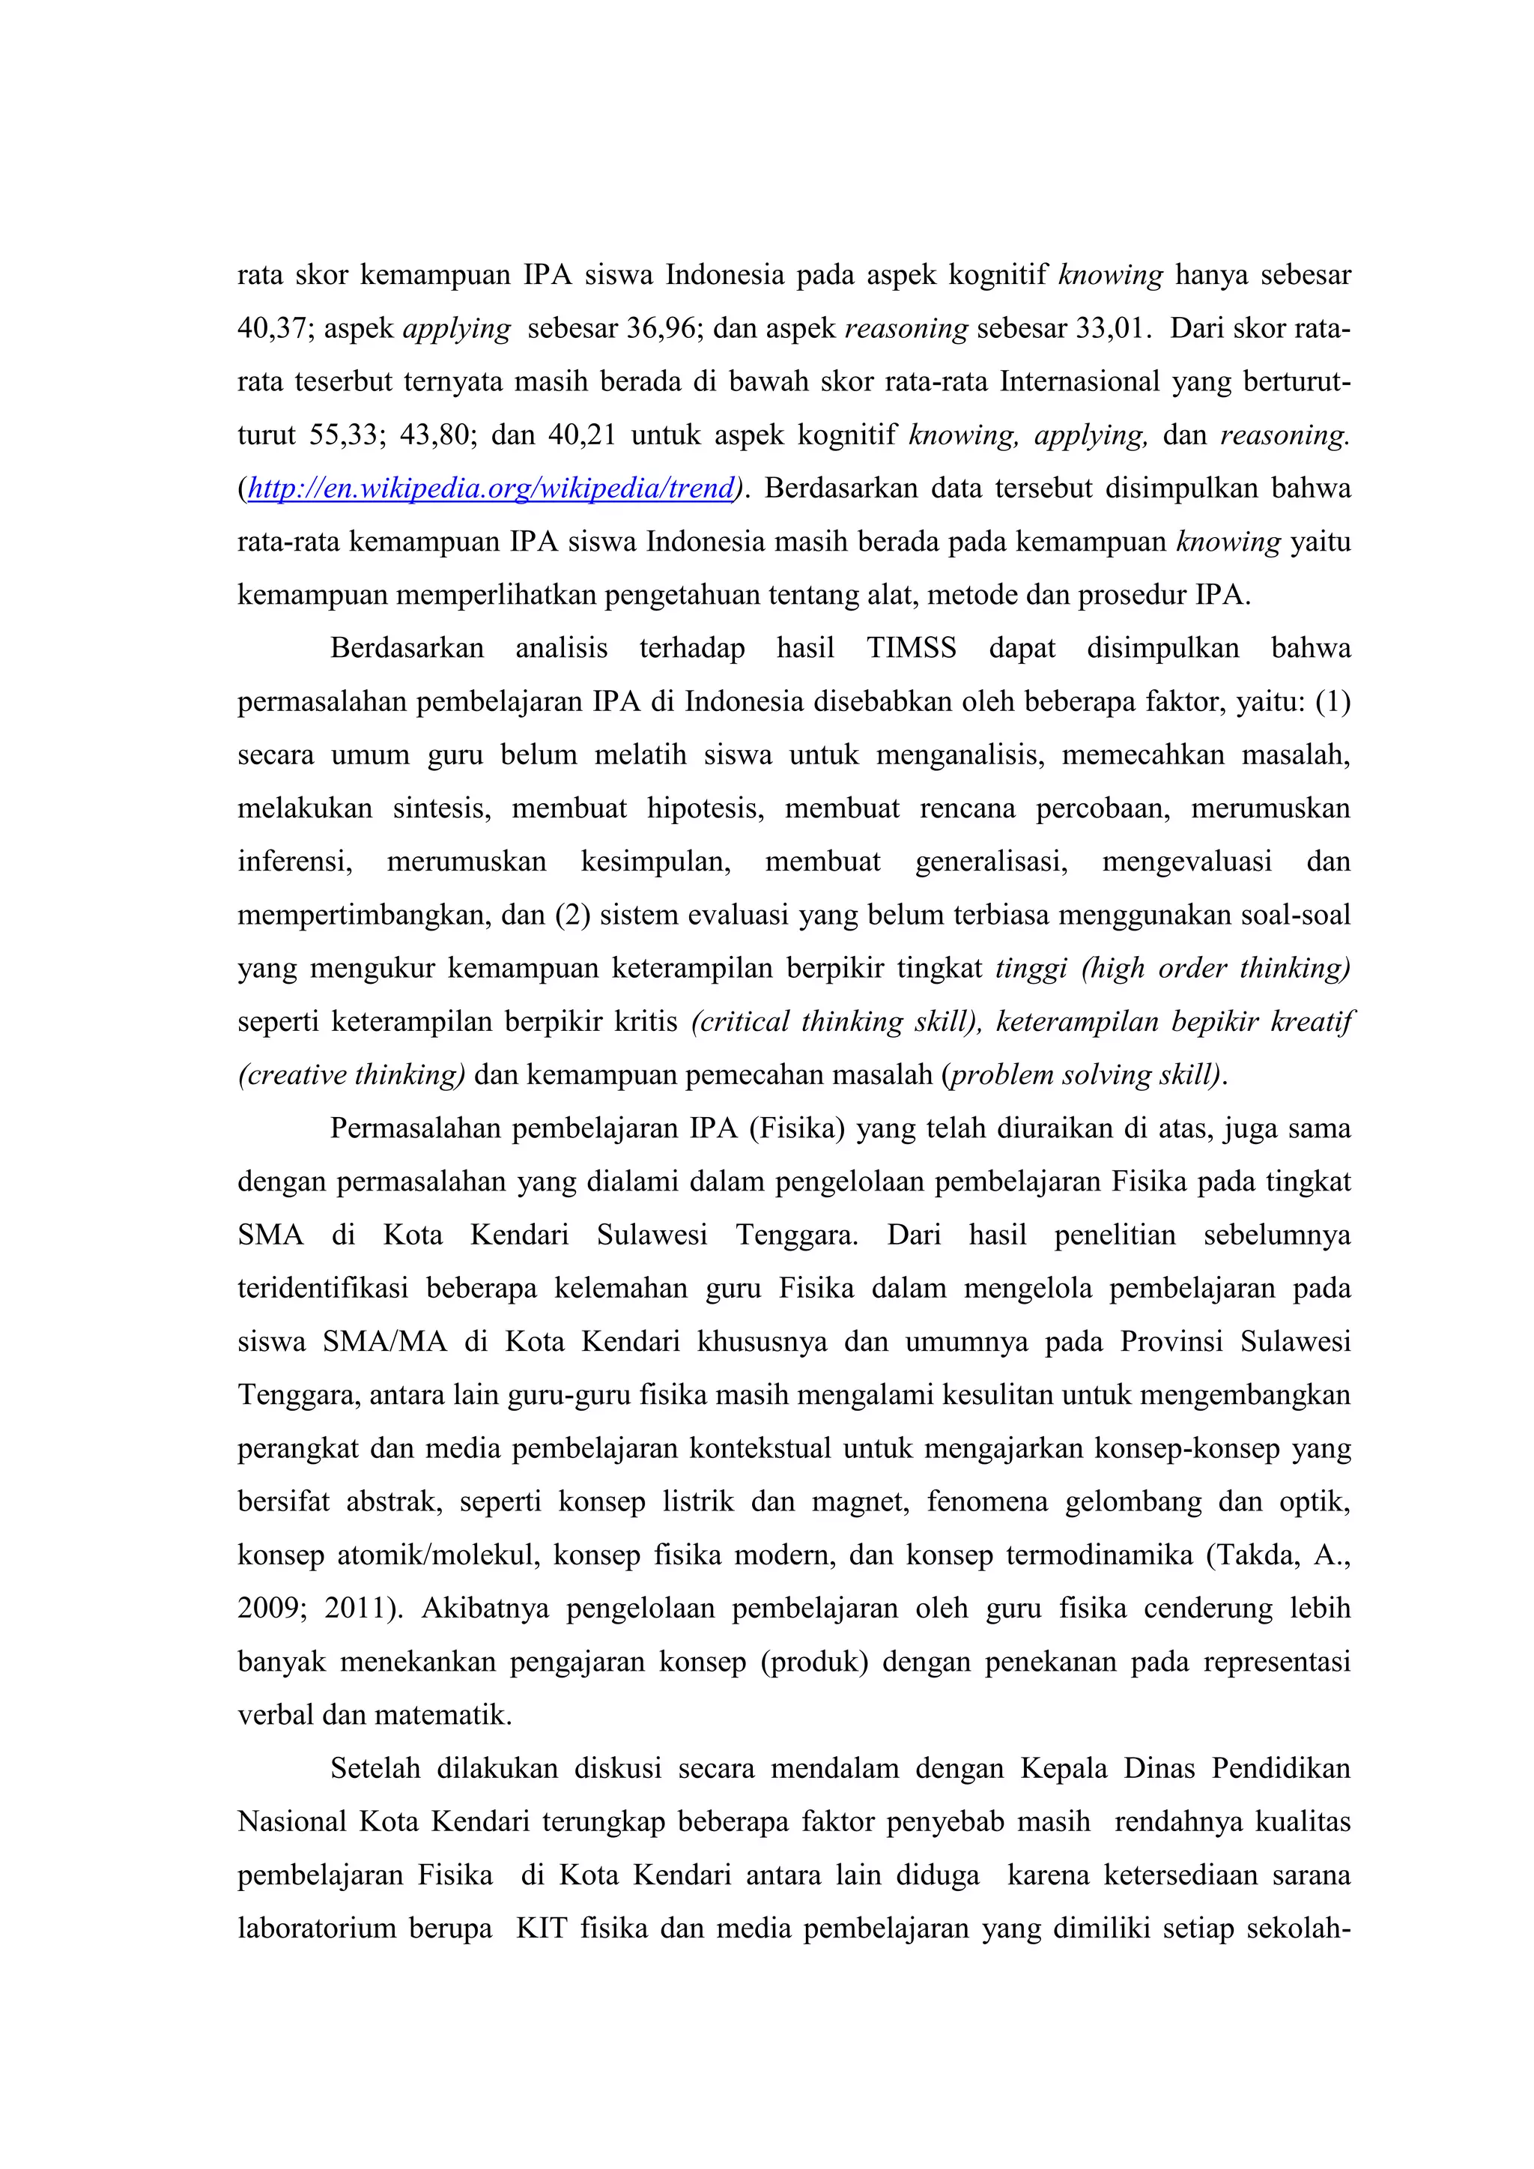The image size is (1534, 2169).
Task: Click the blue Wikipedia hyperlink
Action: (491, 489)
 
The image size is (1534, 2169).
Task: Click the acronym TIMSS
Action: (911, 648)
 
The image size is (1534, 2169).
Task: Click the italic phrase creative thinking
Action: (352, 1075)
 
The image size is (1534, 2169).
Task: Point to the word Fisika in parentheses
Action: (797, 1129)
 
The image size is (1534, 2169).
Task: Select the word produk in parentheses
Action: (814, 1662)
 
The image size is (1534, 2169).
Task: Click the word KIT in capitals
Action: (540, 1928)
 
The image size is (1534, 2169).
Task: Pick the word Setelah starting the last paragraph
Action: (375, 1768)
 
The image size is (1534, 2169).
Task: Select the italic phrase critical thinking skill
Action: (837, 1022)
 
